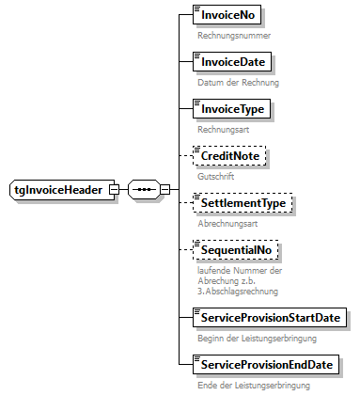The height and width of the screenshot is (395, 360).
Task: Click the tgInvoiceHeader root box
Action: (x=56, y=190)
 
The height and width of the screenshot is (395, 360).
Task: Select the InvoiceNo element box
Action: (x=227, y=16)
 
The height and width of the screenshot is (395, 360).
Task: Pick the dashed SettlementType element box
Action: (x=239, y=204)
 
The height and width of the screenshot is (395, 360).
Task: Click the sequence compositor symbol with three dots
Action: (x=143, y=190)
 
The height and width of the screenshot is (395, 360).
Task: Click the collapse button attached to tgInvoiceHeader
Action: (x=114, y=190)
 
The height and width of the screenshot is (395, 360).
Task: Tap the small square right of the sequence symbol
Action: (x=165, y=190)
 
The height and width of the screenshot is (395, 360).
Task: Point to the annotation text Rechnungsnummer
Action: (x=234, y=36)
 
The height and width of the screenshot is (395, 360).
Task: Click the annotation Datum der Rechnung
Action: (x=238, y=82)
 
